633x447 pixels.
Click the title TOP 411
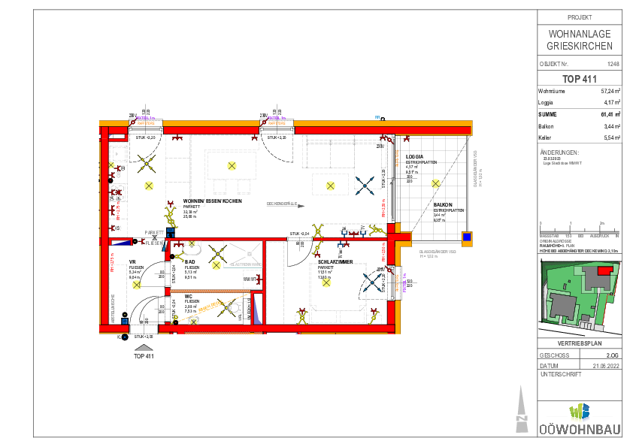click(580, 79)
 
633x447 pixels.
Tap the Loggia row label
click(546, 102)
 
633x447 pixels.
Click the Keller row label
click(546, 138)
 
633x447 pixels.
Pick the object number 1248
click(613, 65)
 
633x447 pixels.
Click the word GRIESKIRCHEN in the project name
click(580, 47)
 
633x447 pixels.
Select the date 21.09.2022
click(606, 365)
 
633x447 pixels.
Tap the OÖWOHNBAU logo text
click(580, 430)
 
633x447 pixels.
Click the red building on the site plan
click(604, 270)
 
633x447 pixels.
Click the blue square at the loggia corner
click(467, 238)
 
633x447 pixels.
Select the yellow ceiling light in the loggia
click(435, 183)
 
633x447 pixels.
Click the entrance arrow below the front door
click(144, 348)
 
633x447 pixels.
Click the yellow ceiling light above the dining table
click(230, 165)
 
